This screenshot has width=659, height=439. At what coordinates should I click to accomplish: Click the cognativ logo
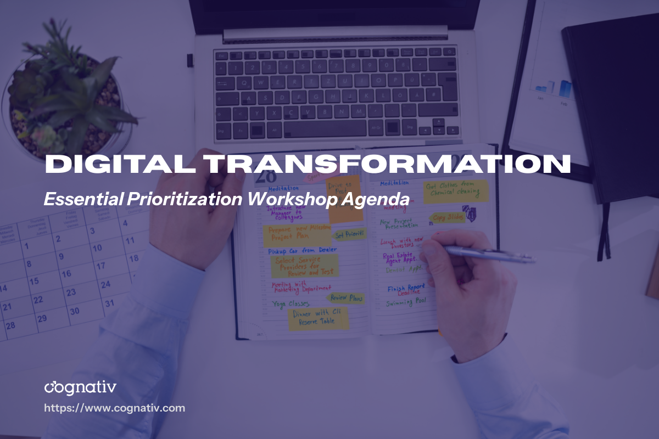(80, 387)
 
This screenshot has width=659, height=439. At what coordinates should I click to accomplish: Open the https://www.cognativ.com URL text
(114, 408)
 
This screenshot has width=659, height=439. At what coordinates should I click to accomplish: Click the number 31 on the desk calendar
(109, 303)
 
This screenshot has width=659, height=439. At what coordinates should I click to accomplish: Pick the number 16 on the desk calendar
(66, 273)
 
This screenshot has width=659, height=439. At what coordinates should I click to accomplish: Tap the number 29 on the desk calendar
(42, 318)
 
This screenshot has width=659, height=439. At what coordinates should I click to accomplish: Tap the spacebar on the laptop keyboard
(325, 129)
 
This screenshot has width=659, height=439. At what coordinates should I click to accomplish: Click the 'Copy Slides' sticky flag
(448, 218)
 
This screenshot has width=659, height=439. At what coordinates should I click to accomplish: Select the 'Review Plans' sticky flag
(346, 298)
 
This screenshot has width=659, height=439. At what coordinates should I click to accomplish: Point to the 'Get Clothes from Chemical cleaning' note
(456, 191)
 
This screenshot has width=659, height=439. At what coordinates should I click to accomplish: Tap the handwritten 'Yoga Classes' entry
(291, 303)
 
